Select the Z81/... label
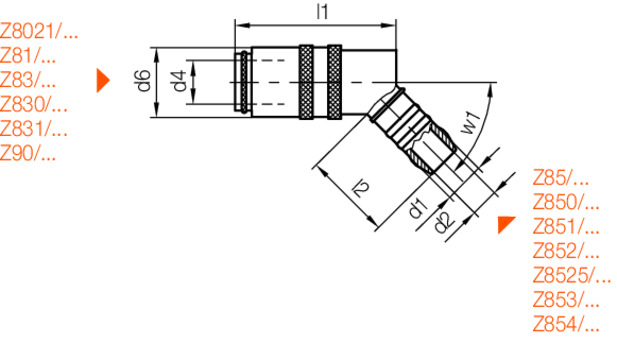[x=28, y=56]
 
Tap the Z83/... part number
[x=28, y=80]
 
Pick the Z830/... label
[x=34, y=104]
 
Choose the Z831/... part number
[x=34, y=128]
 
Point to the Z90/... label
[x=28, y=152]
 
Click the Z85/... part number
[x=561, y=178]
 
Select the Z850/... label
[x=566, y=202]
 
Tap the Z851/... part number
[x=566, y=226]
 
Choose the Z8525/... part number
[x=572, y=275]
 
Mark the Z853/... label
[x=566, y=299]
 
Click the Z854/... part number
[x=566, y=323]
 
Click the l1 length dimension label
[x=322, y=11]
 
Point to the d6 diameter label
[x=143, y=81]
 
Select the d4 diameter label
[x=178, y=81]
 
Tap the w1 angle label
[x=470, y=124]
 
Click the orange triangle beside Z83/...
[x=102, y=81]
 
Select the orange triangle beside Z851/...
[x=507, y=225]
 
